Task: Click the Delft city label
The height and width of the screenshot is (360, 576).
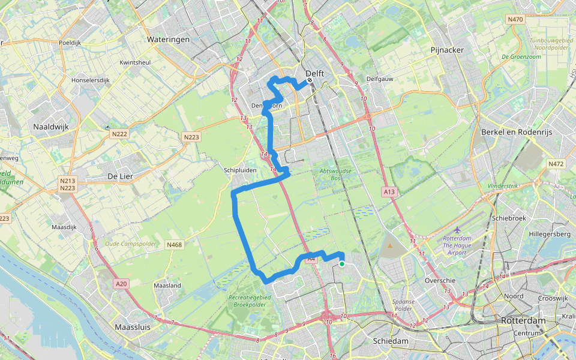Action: pyautogui.click(x=315, y=73)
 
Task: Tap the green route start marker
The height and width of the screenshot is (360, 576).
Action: pyautogui.click(x=341, y=263)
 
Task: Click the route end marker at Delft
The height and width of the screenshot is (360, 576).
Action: pyautogui.click(x=310, y=80)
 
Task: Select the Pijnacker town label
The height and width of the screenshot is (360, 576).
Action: pyautogui.click(x=447, y=50)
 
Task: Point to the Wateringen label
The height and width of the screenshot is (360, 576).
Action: pyautogui.click(x=168, y=39)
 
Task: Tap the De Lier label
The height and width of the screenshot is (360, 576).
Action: pyautogui.click(x=119, y=176)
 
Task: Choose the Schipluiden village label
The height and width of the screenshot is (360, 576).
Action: pyautogui.click(x=240, y=170)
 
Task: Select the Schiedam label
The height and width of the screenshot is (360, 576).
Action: pyautogui.click(x=391, y=341)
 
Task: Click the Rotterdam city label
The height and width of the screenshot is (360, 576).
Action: pyautogui.click(x=523, y=321)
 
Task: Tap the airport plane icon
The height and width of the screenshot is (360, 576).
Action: pyautogui.click(x=458, y=230)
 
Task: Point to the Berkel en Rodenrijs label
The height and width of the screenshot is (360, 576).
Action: pyautogui.click(x=516, y=131)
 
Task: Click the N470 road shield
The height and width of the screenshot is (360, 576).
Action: pyautogui.click(x=515, y=20)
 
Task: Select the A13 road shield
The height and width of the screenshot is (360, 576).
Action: pyautogui.click(x=389, y=192)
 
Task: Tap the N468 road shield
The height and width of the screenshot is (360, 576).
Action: pyautogui.click(x=174, y=245)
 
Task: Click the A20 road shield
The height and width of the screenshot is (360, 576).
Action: pyautogui.click(x=121, y=284)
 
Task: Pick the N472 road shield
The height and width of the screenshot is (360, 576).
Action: pyautogui.click(x=556, y=164)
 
